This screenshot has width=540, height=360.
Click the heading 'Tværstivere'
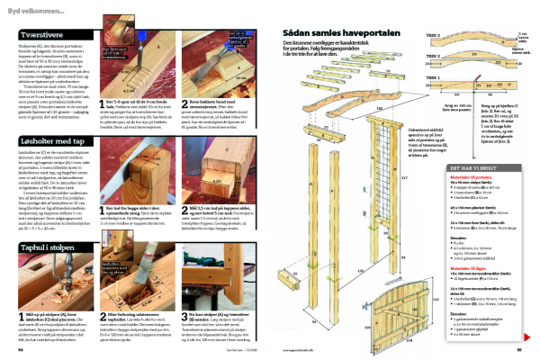(42, 31)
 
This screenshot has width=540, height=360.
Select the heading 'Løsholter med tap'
(50, 141)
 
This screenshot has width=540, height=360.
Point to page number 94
(21, 350)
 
